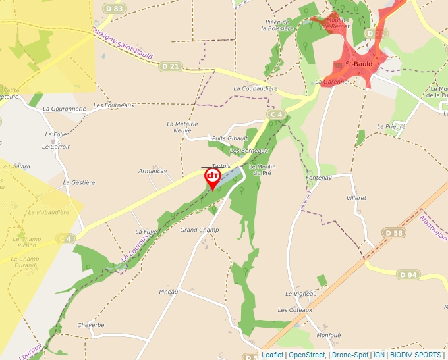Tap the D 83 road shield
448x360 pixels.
click(x=114, y=8)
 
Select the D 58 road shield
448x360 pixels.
click(x=394, y=233)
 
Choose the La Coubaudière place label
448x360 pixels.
click(x=256, y=88)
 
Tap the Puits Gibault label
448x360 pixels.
click(x=230, y=138)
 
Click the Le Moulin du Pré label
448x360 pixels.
click(x=262, y=170)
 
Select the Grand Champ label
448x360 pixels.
click(x=200, y=230)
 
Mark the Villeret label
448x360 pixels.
click(x=356, y=197)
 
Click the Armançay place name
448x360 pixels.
click(x=153, y=171)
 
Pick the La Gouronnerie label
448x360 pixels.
click(x=65, y=109)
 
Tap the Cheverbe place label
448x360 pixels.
click(x=91, y=325)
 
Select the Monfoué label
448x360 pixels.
click(x=328, y=336)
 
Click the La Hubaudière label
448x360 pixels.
click(x=48, y=212)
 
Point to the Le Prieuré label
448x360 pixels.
click(x=391, y=126)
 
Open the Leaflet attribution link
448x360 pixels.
click(x=272, y=355)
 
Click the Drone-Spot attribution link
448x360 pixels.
click(x=349, y=355)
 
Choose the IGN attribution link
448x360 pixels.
click(x=379, y=355)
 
